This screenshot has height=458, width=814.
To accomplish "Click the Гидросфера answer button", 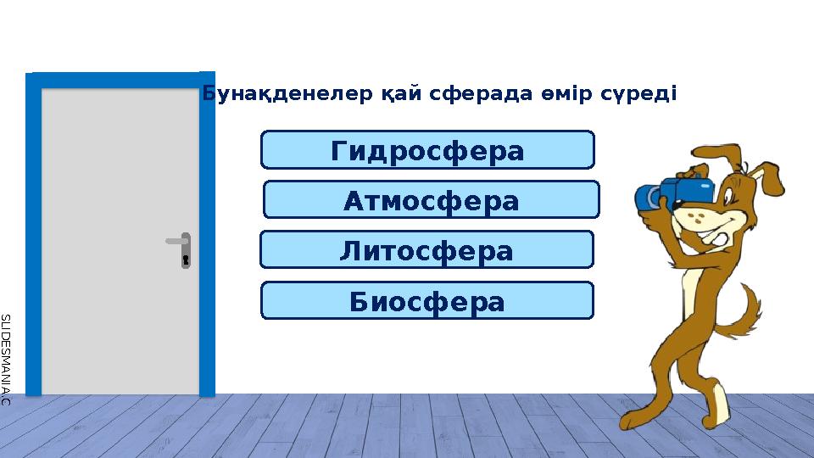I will (x=427, y=150).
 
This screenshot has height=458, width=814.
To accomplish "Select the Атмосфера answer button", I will (x=431, y=200).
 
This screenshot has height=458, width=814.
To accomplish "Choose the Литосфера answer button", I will (x=427, y=250).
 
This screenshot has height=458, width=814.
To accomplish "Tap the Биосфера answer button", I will (x=427, y=301).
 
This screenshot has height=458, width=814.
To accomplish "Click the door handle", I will (x=176, y=242).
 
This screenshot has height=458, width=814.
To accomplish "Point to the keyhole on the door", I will (x=185, y=258).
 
